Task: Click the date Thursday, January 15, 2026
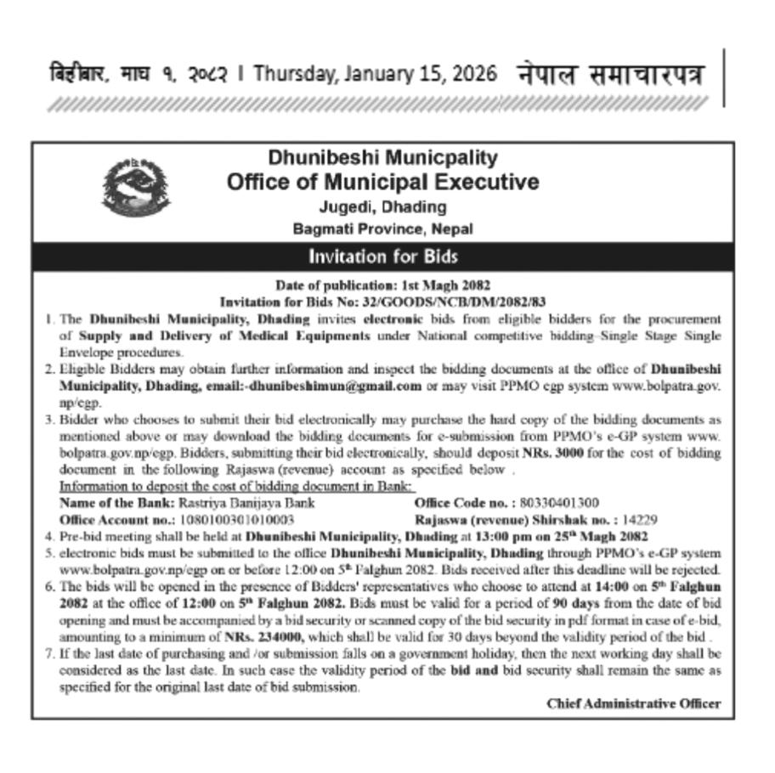coord(375,74)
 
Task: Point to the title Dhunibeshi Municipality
coord(382,158)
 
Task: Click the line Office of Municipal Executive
coord(382,182)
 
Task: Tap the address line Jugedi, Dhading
coord(382,206)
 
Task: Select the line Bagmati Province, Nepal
coord(382,229)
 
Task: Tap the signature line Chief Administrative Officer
coord(634,703)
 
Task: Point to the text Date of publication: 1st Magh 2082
coord(382,285)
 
